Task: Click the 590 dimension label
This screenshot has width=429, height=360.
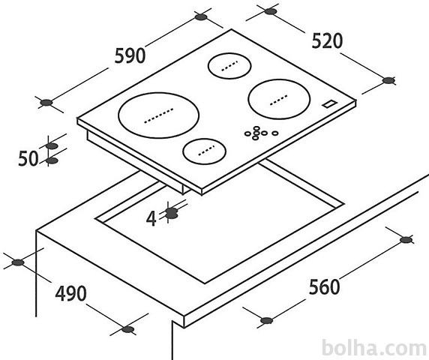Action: [130, 55]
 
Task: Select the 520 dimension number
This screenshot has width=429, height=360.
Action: [327, 41]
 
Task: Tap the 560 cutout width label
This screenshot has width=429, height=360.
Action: [325, 286]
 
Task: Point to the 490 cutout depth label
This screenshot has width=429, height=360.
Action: [70, 293]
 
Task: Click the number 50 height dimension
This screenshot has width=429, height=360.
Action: [28, 159]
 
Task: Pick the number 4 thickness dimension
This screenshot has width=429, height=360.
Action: [151, 218]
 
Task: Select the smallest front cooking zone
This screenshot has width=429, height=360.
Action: [205, 151]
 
